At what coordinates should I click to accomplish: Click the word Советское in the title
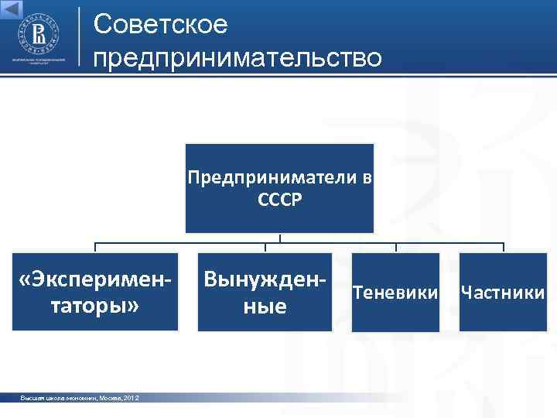coord(161,25)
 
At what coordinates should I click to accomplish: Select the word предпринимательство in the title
coord(237,58)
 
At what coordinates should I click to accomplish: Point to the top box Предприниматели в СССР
coord(279,188)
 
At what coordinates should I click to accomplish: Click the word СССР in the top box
coord(279,200)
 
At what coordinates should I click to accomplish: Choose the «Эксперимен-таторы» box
coord(95,292)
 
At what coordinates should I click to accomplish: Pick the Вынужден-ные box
coord(265,292)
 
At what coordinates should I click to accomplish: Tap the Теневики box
coord(395,293)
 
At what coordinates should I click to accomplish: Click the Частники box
coord(503,293)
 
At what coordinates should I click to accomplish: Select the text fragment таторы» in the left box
coord(95,305)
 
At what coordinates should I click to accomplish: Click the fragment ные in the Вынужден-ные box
coord(265,307)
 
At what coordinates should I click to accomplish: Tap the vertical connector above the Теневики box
coord(396,248)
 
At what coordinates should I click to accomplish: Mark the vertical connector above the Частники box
coord(504,248)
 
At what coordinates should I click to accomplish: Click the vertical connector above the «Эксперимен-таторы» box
coord(95,248)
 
